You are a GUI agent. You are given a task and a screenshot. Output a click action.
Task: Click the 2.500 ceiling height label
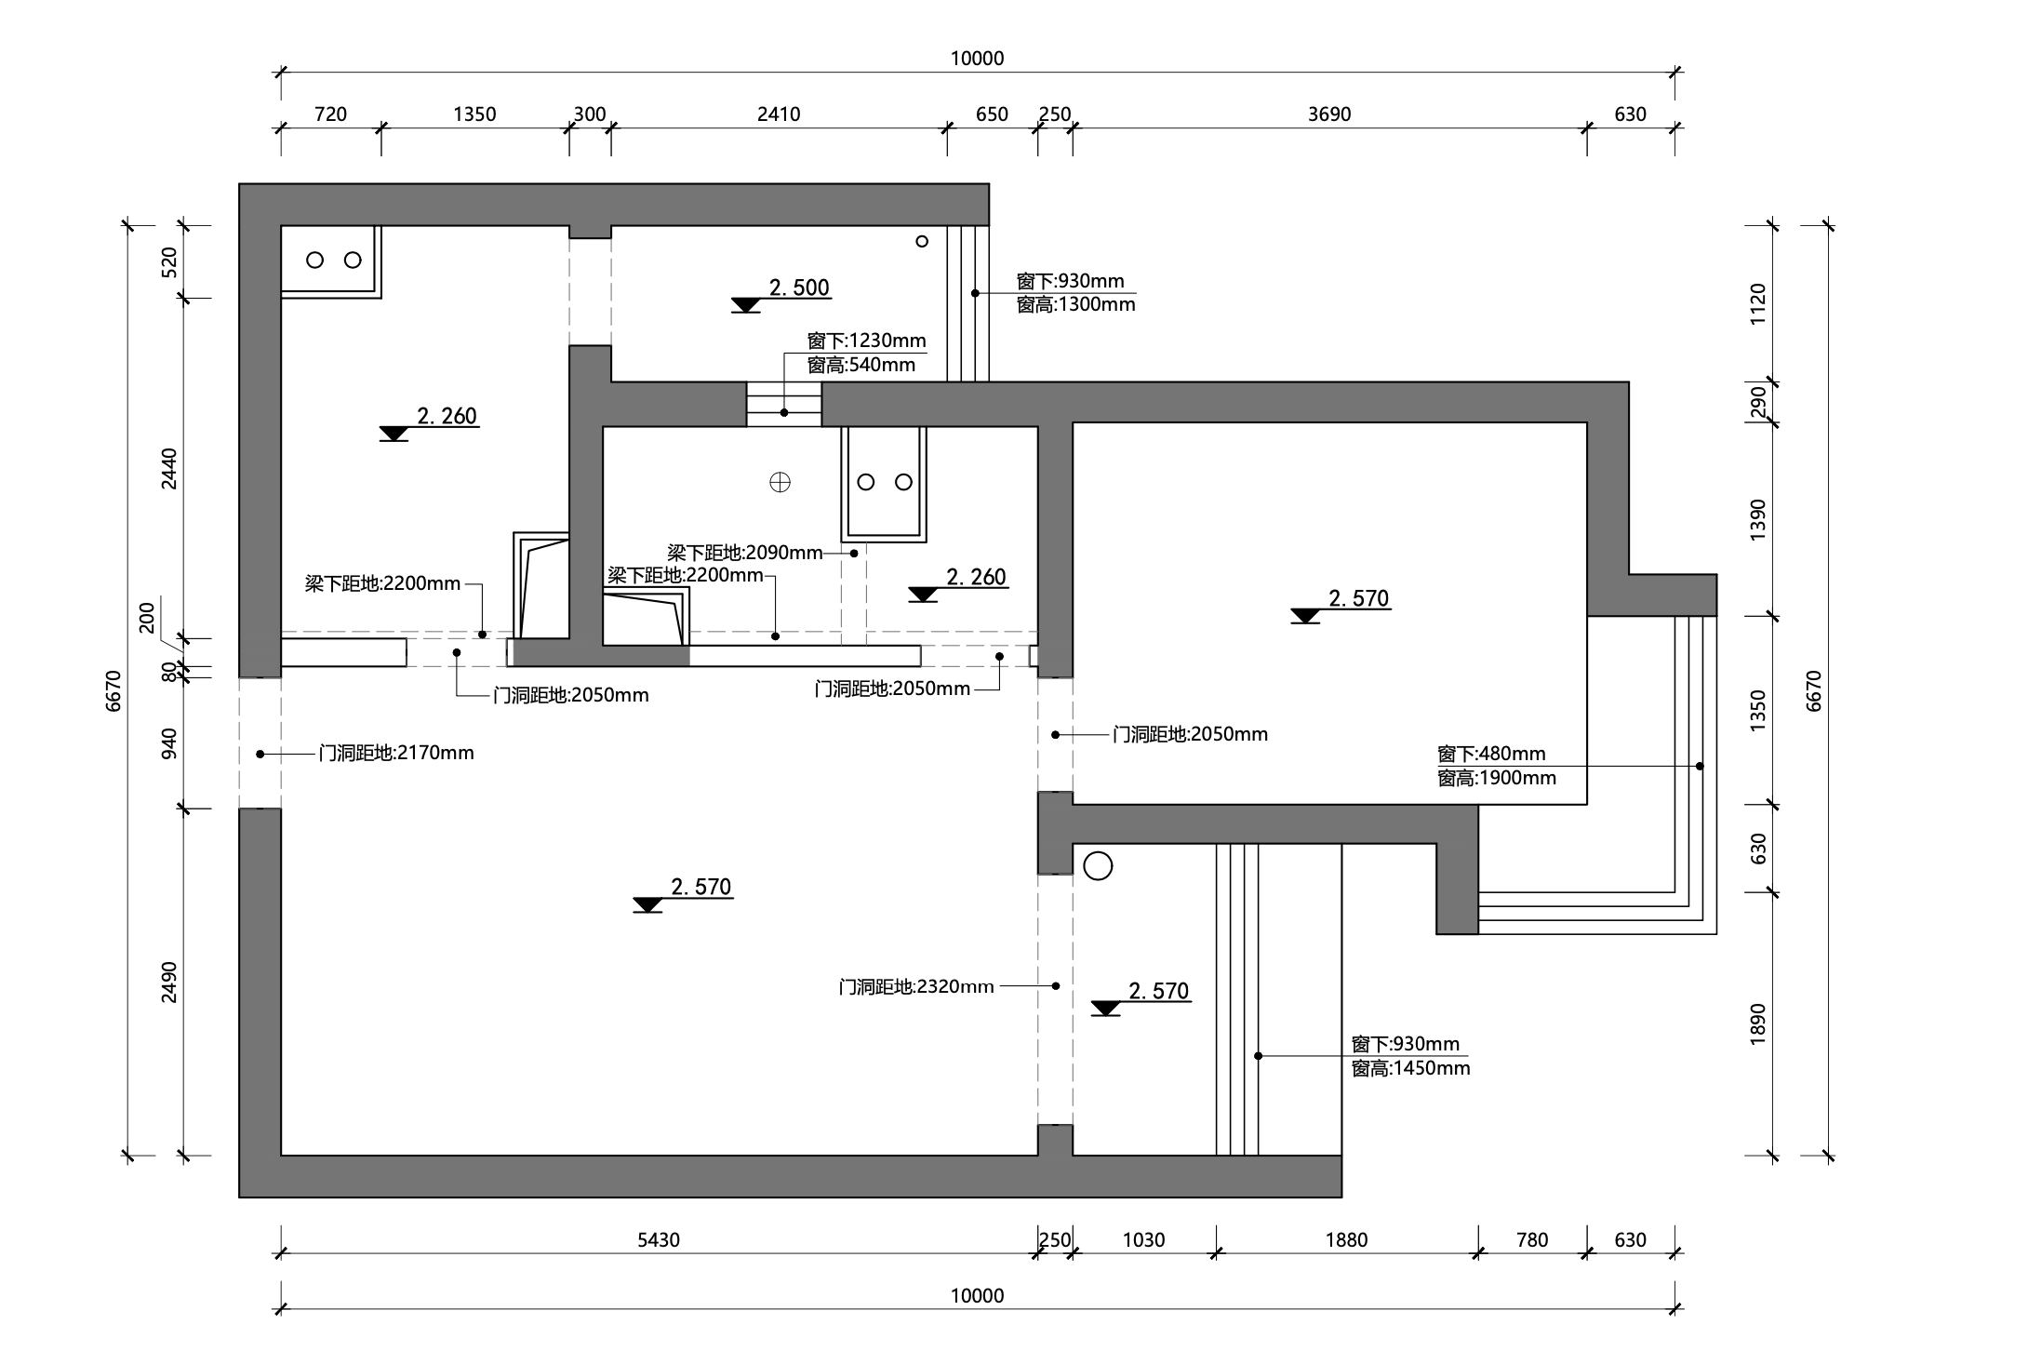click(x=799, y=288)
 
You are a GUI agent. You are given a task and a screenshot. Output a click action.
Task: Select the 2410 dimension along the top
click(x=779, y=114)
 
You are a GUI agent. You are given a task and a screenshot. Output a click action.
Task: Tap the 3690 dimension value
click(x=1329, y=114)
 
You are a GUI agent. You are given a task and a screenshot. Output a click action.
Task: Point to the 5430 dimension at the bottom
click(x=659, y=1239)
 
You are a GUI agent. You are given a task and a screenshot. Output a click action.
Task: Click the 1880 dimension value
click(x=1346, y=1239)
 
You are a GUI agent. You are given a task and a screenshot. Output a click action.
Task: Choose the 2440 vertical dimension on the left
click(x=168, y=468)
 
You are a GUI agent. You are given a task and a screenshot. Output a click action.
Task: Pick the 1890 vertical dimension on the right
click(x=1757, y=1023)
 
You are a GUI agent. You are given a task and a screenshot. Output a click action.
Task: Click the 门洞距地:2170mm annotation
click(x=396, y=753)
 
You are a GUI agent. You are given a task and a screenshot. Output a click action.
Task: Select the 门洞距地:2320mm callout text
click(x=916, y=986)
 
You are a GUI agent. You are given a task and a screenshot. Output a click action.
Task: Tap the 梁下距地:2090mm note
click(x=745, y=553)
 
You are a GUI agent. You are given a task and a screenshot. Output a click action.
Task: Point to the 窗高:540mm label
click(x=861, y=365)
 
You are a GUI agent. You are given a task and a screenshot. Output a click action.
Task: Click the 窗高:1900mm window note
click(x=1497, y=778)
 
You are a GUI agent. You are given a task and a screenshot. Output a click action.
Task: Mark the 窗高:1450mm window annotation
click(x=1411, y=1068)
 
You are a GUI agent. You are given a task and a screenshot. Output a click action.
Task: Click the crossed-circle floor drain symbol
click(x=780, y=482)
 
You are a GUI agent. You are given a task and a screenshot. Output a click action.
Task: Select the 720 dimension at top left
click(x=330, y=114)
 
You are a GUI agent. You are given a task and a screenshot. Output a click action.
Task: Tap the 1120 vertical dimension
click(x=1757, y=304)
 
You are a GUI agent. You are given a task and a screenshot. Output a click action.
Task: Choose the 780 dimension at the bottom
click(x=1532, y=1239)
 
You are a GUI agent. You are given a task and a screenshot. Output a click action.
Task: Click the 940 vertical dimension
click(x=168, y=743)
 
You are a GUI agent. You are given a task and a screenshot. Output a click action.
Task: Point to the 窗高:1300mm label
click(x=1075, y=304)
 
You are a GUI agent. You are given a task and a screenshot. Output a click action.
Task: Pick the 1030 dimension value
click(x=1143, y=1239)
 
